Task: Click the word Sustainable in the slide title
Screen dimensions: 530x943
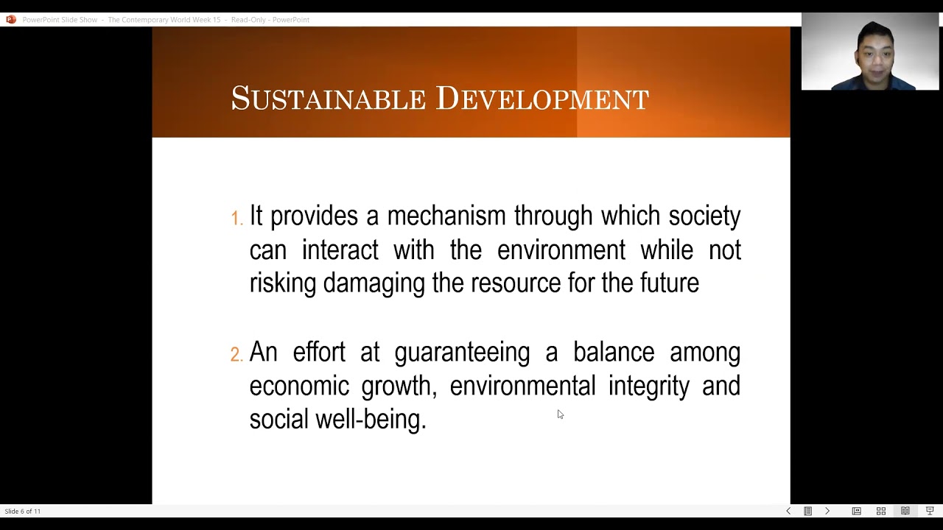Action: coord(328,99)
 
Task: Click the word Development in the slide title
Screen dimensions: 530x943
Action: coord(542,99)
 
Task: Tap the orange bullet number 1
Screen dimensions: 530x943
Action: coord(236,219)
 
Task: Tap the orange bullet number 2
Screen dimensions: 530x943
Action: coord(236,355)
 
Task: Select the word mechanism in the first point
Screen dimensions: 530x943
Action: coord(446,216)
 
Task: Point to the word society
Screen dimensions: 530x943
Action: coord(704,216)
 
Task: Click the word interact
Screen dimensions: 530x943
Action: coord(340,250)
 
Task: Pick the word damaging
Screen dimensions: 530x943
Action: coord(374,283)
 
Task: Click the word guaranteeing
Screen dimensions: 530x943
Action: coord(462,353)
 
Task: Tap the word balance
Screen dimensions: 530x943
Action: coord(614,352)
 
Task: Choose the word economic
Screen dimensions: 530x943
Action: coord(299,386)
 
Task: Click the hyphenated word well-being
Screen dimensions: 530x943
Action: coord(371,420)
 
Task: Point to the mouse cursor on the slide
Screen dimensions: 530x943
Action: coord(560,414)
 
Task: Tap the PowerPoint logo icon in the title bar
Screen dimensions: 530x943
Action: coord(10,20)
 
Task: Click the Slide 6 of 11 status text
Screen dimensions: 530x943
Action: coord(23,511)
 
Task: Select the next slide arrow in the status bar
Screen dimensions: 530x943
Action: coord(827,511)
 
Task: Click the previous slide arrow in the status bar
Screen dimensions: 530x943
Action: coord(788,511)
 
